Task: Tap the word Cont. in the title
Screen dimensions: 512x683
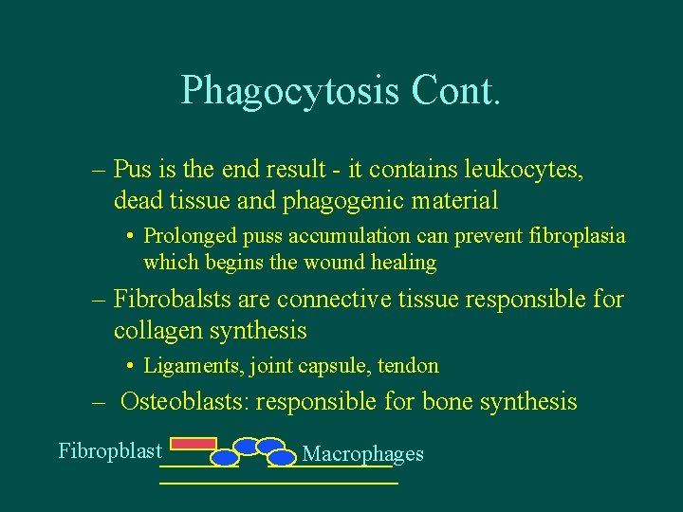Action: pyautogui.click(x=455, y=90)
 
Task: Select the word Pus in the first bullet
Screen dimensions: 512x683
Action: pyautogui.click(x=129, y=170)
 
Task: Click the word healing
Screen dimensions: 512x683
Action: pyautogui.click(x=403, y=263)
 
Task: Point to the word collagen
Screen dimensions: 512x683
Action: pyautogui.click(x=157, y=330)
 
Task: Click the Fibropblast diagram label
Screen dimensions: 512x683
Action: pyautogui.click(x=110, y=450)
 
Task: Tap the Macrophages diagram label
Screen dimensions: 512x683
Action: pyautogui.click(x=362, y=454)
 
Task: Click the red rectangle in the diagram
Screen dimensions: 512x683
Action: pyautogui.click(x=193, y=443)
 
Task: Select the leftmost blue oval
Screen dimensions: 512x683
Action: pyautogui.click(x=224, y=458)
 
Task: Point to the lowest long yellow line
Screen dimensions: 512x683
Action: pyautogui.click(x=278, y=484)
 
